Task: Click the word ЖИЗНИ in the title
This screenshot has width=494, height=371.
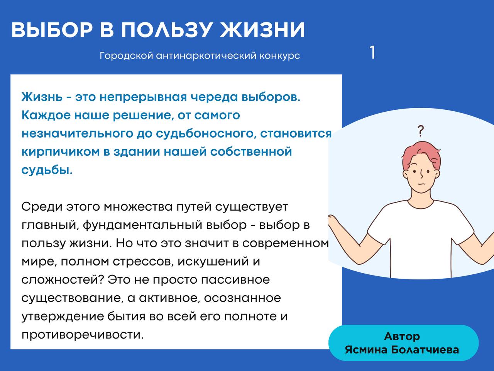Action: pos(262,30)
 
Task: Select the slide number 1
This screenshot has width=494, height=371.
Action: pos(373,53)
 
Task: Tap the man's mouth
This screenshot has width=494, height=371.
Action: pos(421,184)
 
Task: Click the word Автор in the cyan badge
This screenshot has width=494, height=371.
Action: pos(402,337)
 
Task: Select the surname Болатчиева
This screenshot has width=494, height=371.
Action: pos(425,350)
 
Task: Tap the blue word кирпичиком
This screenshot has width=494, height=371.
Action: pos(61,152)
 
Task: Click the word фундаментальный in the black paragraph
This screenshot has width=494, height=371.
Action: pos(142,225)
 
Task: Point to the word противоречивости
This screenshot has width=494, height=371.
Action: pos(83,335)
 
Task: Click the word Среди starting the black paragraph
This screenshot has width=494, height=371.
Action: pos(42,207)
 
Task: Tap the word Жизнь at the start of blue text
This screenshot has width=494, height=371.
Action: pos(42,97)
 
